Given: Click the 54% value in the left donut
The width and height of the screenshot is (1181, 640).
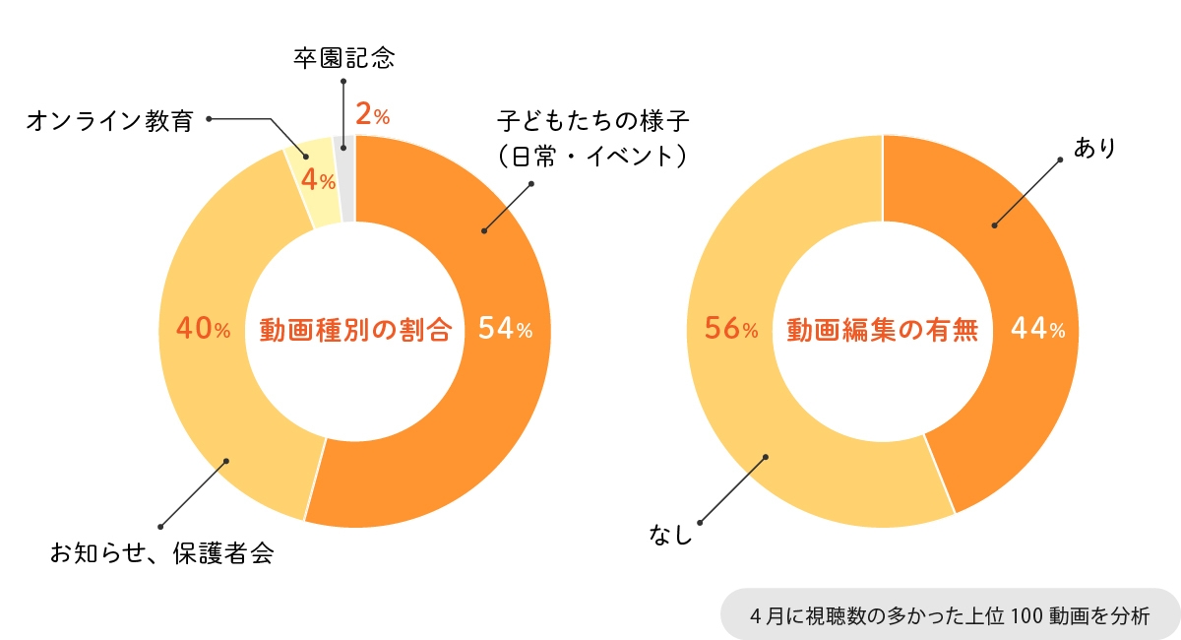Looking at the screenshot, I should point(505,330).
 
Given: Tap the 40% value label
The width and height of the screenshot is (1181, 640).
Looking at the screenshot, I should point(202,330).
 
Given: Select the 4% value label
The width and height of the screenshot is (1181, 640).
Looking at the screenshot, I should point(318,180).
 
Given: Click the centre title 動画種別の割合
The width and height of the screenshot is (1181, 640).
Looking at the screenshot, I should point(355,330).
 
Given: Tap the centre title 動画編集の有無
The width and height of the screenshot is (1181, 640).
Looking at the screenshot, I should point(883,330).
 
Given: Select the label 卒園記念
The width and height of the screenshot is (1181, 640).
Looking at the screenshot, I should point(343,57).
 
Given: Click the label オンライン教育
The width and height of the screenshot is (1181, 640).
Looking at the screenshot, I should point(109,121).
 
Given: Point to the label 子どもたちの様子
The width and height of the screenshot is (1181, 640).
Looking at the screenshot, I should point(591,122).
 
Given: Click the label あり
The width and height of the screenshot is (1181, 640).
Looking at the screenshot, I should point(1094,148).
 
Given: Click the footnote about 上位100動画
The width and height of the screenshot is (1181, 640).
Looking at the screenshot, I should point(949,616).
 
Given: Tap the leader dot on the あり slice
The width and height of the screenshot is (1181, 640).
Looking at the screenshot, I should point(995,225).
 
